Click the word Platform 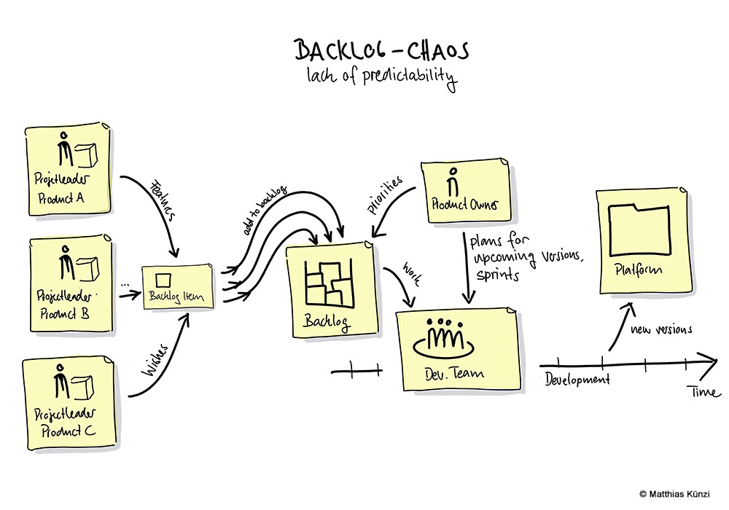(639, 270)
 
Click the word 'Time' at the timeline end (703, 392)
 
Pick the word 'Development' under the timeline (577, 380)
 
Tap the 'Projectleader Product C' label (64, 424)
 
